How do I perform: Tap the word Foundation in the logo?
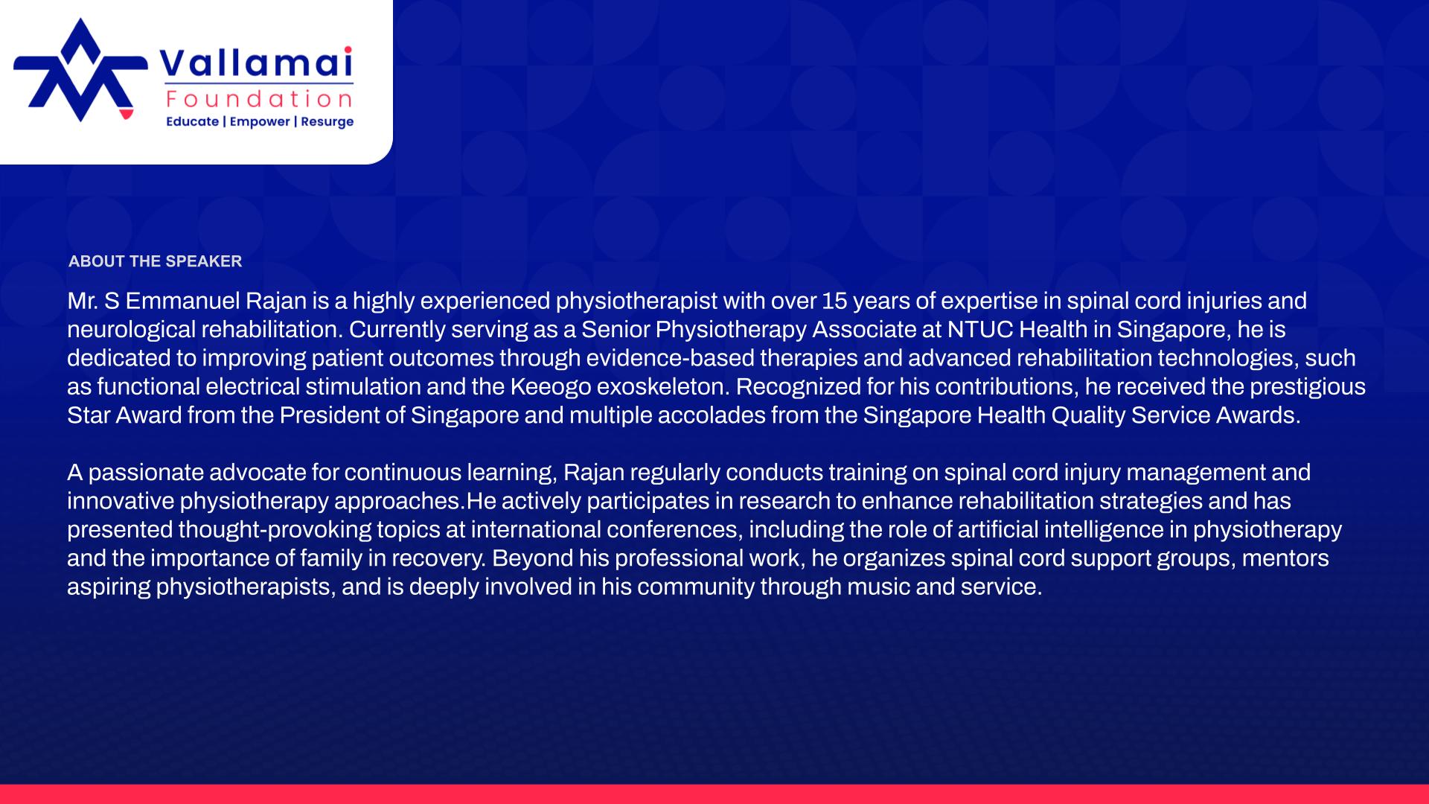(x=260, y=99)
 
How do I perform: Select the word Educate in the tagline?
(x=192, y=121)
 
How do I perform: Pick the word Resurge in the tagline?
(x=327, y=122)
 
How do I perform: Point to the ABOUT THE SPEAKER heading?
(x=155, y=261)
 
